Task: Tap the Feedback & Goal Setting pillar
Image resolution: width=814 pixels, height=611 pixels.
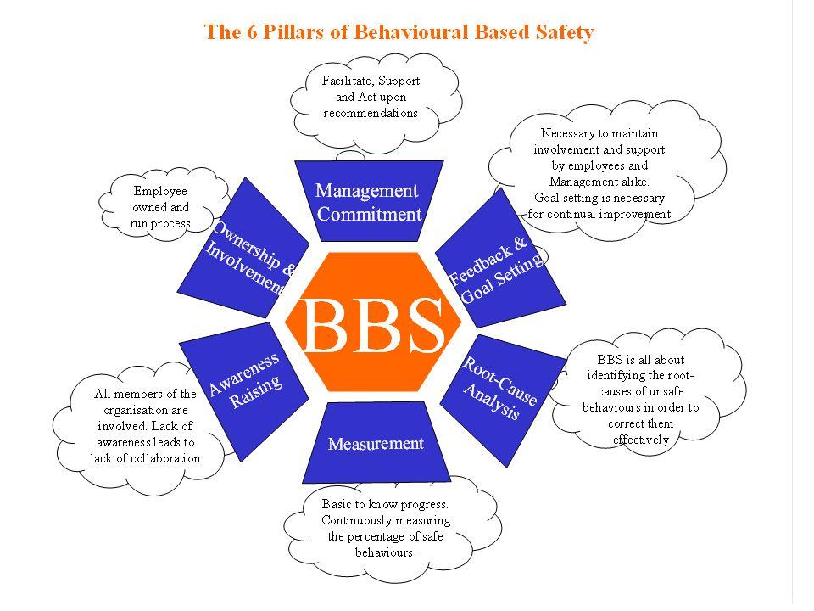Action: coord(500,263)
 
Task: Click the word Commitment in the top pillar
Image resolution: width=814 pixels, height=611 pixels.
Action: coord(369,214)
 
